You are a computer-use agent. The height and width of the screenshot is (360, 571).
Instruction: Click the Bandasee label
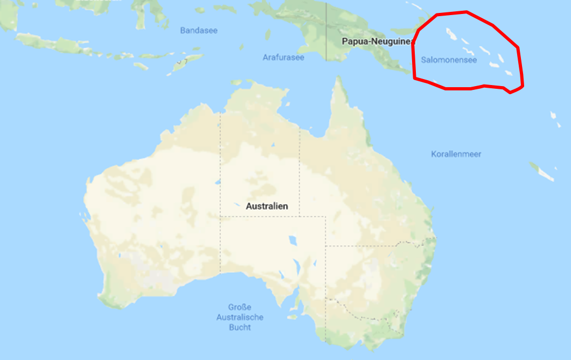(x=199, y=31)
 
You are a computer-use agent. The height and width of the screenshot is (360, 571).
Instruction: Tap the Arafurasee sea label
(x=283, y=57)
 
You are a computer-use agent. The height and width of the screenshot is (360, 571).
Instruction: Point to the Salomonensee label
(x=449, y=60)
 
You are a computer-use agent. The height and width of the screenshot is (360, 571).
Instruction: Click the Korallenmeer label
(x=456, y=154)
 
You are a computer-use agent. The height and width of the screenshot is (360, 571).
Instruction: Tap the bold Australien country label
(x=267, y=206)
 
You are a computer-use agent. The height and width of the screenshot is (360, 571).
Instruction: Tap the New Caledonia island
(x=541, y=172)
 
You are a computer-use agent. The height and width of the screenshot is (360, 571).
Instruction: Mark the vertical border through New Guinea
(x=326, y=32)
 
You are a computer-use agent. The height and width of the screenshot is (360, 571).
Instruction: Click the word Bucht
(x=239, y=327)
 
